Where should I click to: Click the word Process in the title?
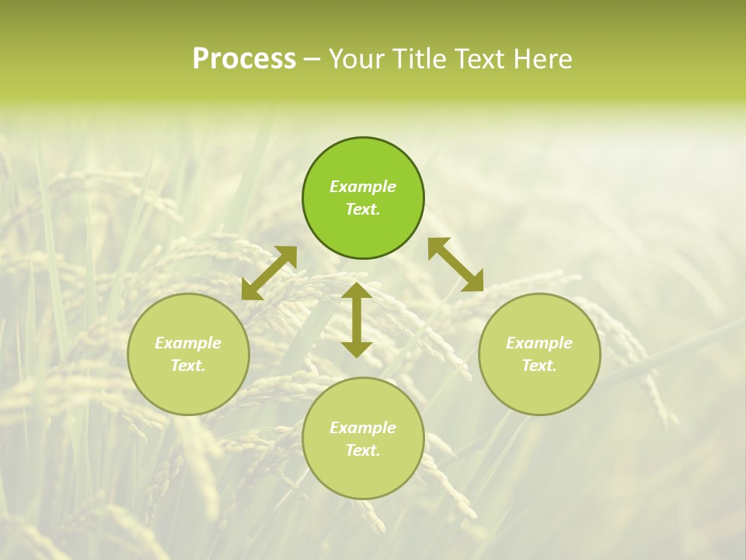pyautogui.click(x=244, y=59)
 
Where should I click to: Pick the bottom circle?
pyautogui.click(x=363, y=474)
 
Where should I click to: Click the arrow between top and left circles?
pyautogui.click(x=269, y=273)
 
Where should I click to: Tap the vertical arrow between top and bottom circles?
pyautogui.click(x=357, y=320)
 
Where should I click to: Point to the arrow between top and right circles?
pyautogui.click(x=455, y=264)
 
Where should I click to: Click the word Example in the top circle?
pyautogui.click(x=363, y=187)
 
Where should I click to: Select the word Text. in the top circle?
pyautogui.click(x=363, y=209)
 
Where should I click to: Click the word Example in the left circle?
pyautogui.click(x=188, y=343)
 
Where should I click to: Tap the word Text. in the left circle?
pyautogui.click(x=188, y=366)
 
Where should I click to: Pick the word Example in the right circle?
pyautogui.click(x=539, y=343)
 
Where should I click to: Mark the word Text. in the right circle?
pyautogui.click(x=539, y=366)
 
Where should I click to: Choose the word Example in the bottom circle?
pyautogui.click(x=363, y=428)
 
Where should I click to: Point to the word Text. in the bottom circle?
pyautogui.click(x=363, y=450)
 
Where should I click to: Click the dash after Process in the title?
pyautogui.click(x=312, y=60)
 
